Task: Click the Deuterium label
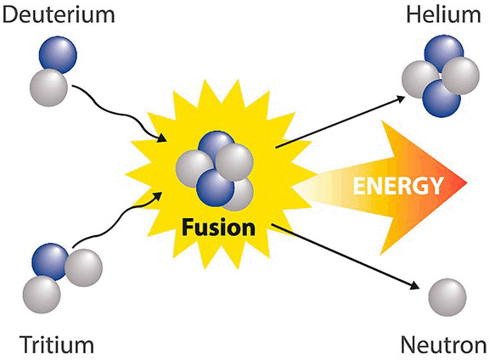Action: [59, 14]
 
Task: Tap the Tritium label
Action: [57, 345]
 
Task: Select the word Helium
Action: [443, 14]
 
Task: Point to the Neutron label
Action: [443, 345]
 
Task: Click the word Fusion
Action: [219, 228]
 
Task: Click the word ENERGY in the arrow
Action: [398, 186]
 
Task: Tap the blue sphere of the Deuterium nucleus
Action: [58, 55]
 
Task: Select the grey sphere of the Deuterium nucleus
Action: [48, 87]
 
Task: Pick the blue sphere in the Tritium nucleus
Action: [50, 262]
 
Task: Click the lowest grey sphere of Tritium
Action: [42, 295]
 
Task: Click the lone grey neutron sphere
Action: [447, 298]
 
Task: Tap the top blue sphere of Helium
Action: [444, 53]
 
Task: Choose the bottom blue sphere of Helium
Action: [441, 98]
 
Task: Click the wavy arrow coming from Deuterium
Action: [120, 113]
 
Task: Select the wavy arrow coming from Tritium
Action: [117, 219]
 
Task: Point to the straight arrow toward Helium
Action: [340, 121]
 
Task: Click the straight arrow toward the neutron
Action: [345, 256]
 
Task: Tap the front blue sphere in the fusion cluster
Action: [215, 188]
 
